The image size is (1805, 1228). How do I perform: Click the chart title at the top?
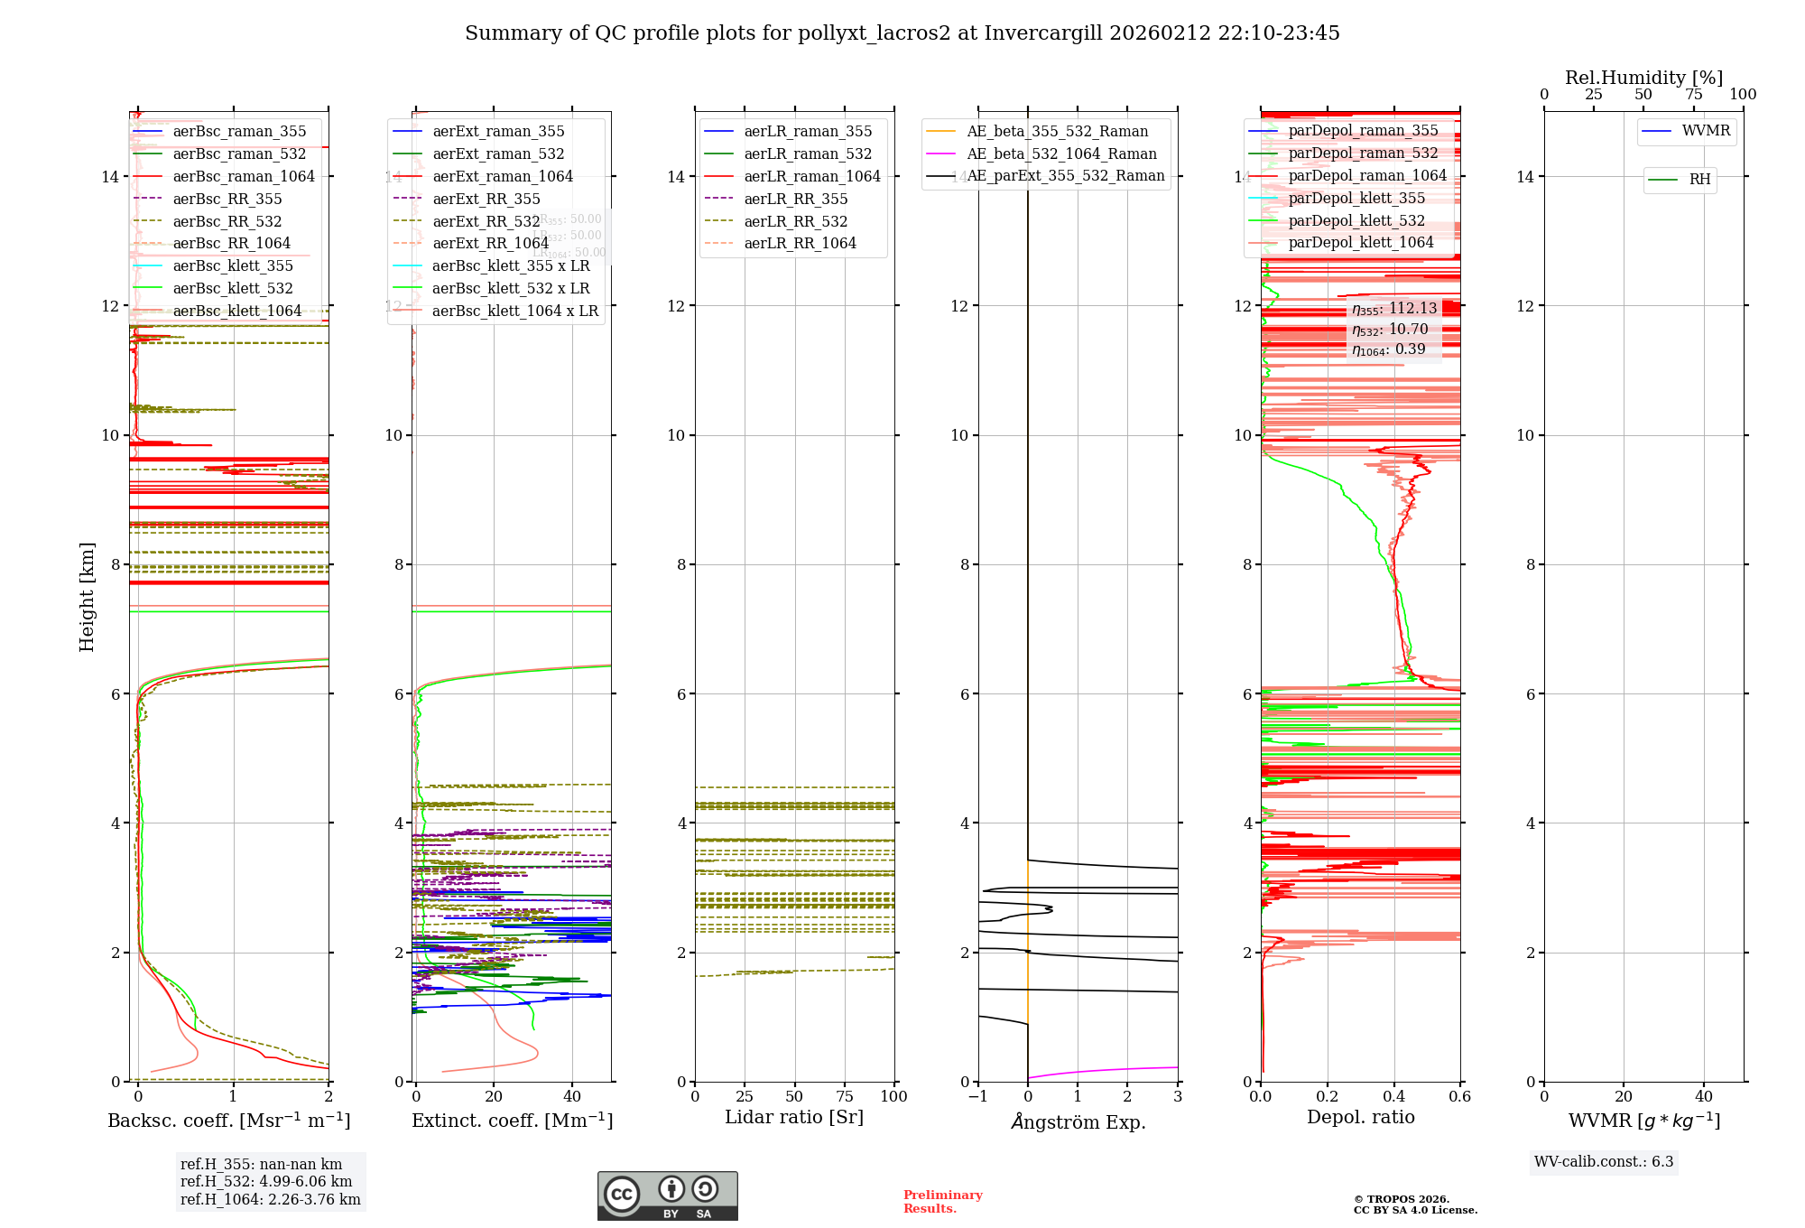902,33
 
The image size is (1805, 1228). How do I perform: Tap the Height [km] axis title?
87,596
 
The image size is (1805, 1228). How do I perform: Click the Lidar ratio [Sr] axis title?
794,1117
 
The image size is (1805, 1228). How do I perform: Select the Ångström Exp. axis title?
1078,1121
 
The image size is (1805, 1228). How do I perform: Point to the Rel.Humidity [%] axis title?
1643,78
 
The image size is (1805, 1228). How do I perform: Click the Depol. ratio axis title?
1360,1117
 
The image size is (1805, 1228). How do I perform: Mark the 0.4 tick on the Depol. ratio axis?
1393,1096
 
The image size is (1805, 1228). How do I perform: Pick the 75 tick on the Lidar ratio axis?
845,1096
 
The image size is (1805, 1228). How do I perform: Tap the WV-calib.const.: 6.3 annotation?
1604,1161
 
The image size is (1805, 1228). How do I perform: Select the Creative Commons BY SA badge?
667,1195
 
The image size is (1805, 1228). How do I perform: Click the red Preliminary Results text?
942,1201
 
